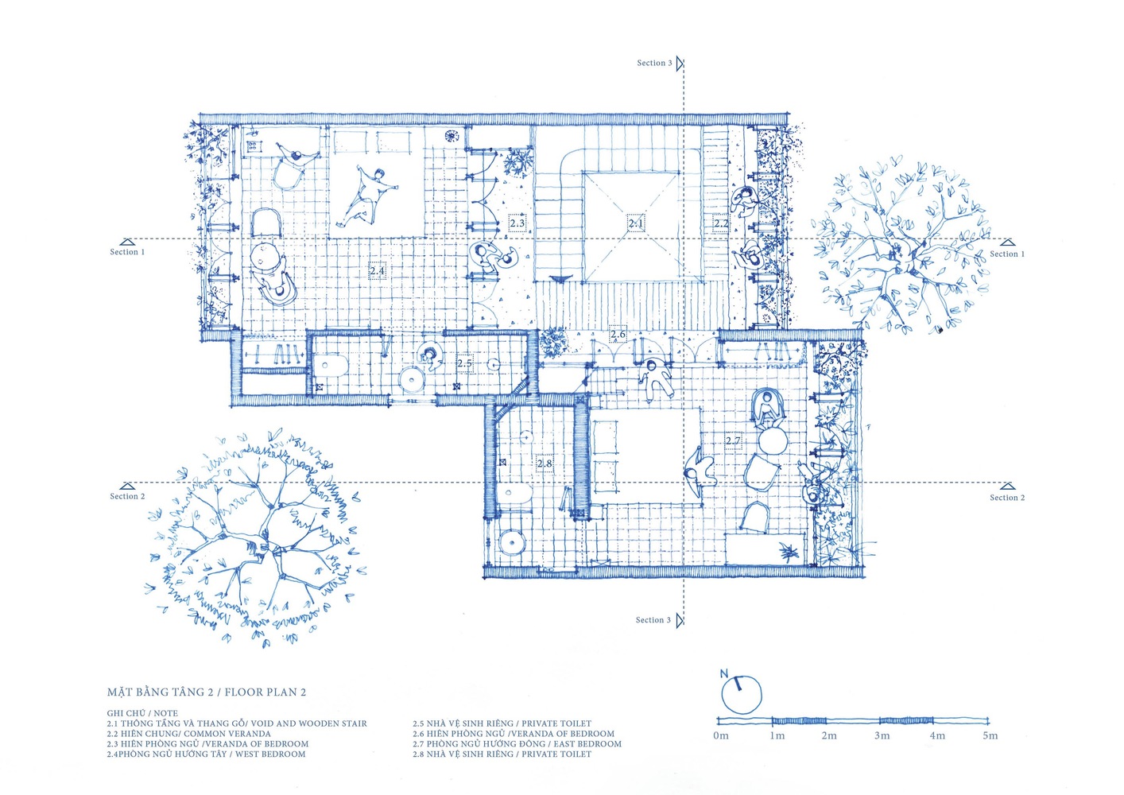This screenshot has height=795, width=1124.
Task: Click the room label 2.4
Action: click(x=377, y=272)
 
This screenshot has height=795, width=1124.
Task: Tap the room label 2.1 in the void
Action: click(x=636, y=223)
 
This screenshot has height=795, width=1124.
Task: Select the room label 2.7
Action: click(x=733, y=440)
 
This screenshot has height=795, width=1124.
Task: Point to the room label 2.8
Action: click(x=545, y=463)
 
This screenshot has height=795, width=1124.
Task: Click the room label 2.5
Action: click(x=465, y=363)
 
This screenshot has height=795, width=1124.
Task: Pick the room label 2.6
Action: click(x=618, y=334)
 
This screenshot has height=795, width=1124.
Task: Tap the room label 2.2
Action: click(x=721, y=223)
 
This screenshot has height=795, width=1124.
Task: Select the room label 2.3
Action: click(x=517, y=223)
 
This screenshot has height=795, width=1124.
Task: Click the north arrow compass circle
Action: click(x=741, y=695)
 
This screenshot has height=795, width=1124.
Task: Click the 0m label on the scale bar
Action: click(x=720, y=736)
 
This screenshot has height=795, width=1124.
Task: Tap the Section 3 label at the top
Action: click(x=654, y=63)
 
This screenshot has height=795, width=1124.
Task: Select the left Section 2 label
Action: click(x=127, y=496)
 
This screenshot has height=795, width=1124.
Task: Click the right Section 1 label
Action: click(x=1007, y=254)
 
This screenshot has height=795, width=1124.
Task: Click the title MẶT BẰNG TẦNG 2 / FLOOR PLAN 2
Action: click(x=206, y=692)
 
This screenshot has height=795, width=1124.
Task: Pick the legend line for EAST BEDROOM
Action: click(x=517, y=744)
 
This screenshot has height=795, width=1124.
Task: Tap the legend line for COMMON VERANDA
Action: click(x=188, y=734)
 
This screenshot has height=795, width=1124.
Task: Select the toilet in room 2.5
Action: click(x=328, y=366)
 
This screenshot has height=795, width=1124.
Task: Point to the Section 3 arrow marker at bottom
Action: click(x=680, y=621)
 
